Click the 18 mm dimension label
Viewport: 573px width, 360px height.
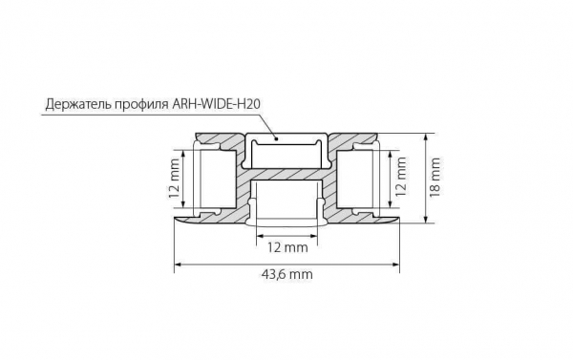tap(435, 177)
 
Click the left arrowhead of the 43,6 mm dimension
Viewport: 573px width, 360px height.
tap(178, 262)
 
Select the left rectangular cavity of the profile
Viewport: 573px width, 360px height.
tap(214, 181)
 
